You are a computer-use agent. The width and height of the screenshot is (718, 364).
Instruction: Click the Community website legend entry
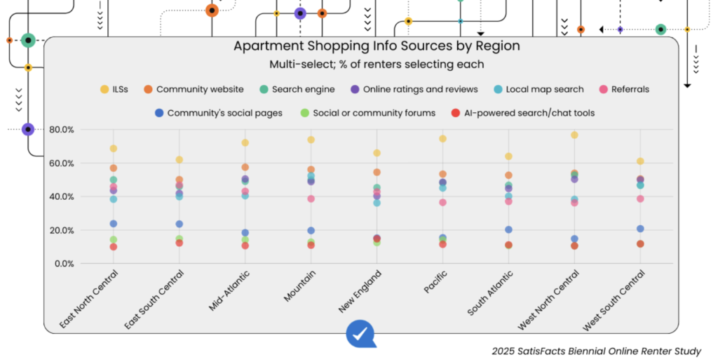tap(193, 89)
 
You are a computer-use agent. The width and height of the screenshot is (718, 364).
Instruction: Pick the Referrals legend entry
tap(623, 89)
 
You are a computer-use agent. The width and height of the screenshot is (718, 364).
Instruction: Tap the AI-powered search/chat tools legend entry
tap(523, 112)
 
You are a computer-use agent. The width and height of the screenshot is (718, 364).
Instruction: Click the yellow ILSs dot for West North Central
tap(574, 135)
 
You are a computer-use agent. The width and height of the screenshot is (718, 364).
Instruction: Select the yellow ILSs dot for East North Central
tap(113, 149)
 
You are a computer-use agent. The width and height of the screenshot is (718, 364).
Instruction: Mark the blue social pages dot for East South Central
tap(179, 224)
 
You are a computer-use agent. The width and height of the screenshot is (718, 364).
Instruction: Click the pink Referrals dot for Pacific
tap(442, 203)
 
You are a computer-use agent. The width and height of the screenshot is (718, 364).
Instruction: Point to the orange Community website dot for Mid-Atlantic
tap(245, 167)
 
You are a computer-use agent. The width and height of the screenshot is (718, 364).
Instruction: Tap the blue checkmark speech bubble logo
tap(360, 334)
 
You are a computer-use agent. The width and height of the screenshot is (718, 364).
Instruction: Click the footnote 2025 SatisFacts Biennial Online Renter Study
tap(595, 351)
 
